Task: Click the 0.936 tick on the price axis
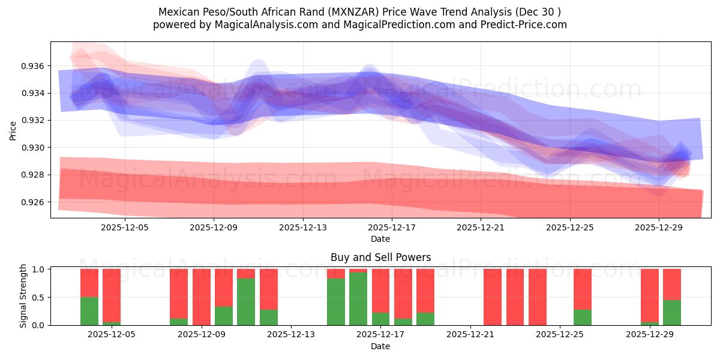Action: click(34, 65)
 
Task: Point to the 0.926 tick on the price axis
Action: click(34, 202)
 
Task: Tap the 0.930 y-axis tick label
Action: click(34, 148)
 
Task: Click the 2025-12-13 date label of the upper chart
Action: click(302, 227)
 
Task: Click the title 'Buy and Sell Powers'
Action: click(380, 257)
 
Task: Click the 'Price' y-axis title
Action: click(13, 130)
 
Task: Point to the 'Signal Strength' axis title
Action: click(23, 296)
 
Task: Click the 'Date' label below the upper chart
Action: click(380, 239)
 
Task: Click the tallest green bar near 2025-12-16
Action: click(358, 299)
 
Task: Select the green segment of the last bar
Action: click(672, 313)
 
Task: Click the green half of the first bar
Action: click(89, 311)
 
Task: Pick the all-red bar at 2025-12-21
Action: click(493, 297)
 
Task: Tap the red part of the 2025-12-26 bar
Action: click(583, 289)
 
